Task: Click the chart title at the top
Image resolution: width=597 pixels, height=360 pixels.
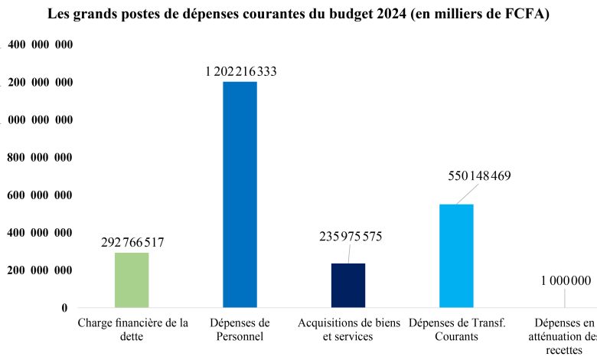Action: tap(298, 15)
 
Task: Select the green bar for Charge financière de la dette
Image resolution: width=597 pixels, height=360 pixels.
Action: tap(132, 280)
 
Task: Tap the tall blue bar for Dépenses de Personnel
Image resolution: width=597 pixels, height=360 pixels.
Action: tap(240, 195)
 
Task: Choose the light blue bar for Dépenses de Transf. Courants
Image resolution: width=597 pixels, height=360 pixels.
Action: tap(456, 256)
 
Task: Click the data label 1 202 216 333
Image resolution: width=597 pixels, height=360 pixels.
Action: tap(240, 72)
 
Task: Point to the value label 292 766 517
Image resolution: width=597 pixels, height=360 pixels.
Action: tap(132, 243)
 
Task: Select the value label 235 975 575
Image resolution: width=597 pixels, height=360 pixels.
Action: tap(351, 237)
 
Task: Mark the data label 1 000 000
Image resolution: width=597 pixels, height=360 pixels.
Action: tap(566, 280)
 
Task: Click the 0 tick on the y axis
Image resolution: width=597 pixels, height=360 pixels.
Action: tap(65, 308)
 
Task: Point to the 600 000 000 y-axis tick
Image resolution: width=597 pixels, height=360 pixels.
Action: tap(40, 195)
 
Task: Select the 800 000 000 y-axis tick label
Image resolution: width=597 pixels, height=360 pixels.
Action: tap(40, 158)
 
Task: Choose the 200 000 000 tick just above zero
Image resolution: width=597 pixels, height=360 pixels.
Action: tap(40, 270)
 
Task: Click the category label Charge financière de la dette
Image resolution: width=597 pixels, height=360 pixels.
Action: tap(132, 329)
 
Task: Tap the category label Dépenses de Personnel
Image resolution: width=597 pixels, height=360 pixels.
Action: tap(240, 329)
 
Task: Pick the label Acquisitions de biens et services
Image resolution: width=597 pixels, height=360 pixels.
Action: tap(348, 329)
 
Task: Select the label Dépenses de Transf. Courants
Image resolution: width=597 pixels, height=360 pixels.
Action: tap(457, 329)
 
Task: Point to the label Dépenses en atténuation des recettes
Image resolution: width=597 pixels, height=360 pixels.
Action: tap(565, 335)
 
